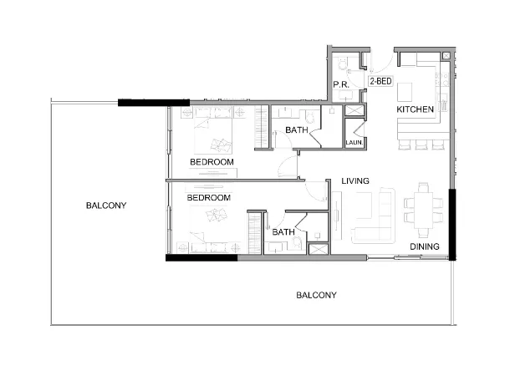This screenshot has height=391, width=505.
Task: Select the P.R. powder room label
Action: (340, 85)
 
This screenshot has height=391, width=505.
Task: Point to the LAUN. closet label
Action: (355, 144)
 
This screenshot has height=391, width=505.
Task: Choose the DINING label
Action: (426, 246)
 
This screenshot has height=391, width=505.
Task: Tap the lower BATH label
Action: (282, 231)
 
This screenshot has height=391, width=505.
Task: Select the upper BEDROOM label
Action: (211, 161)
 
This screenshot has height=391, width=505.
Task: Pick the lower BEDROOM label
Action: (208, 198)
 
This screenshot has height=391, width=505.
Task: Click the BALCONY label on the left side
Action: (106, 205)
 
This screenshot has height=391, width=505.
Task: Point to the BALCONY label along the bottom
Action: (316, 295)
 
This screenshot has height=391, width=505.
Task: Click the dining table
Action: (419, 212)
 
